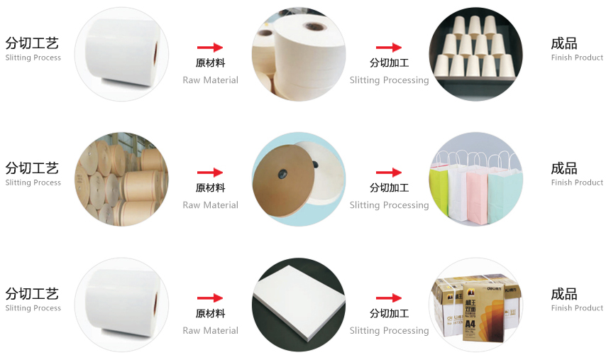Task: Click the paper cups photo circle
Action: [475, 54]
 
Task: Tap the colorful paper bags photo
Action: [475, 179]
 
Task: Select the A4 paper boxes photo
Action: [475, 305]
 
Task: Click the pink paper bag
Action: [477, 197]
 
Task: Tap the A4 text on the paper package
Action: [470, 323]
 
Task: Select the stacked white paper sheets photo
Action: [299, 305]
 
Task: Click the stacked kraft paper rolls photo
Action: [121, 179]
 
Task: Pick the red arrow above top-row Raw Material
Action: [210, 48]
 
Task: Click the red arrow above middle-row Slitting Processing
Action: [389, 173]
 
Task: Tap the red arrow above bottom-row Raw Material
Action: [210, 298]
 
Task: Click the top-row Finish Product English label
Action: [577, 58]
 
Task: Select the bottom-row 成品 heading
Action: [564, 294]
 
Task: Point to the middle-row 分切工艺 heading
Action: [32, 168]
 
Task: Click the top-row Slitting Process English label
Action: [33, 58]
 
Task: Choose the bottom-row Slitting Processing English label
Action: [389, 331]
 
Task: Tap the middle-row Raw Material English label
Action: [211, 205]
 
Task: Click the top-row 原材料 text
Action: [210, 62]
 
